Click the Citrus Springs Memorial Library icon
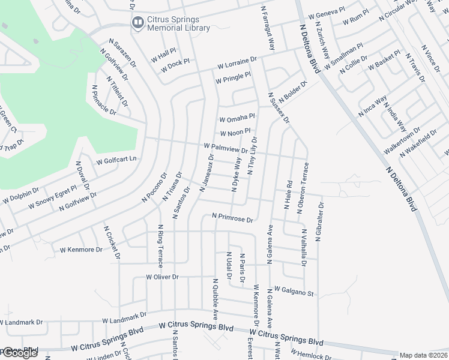point(137,23)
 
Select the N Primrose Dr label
point(233,218)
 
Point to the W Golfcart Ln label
point(117,160)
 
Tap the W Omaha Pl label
point(238,118)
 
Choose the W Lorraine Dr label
point(237,62)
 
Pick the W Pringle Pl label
point(233,77)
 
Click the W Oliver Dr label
point(162,277)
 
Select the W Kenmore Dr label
point(81,248)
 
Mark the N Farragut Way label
point(268,28)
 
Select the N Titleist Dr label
point(118,92)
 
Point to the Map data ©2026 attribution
point(424,355)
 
